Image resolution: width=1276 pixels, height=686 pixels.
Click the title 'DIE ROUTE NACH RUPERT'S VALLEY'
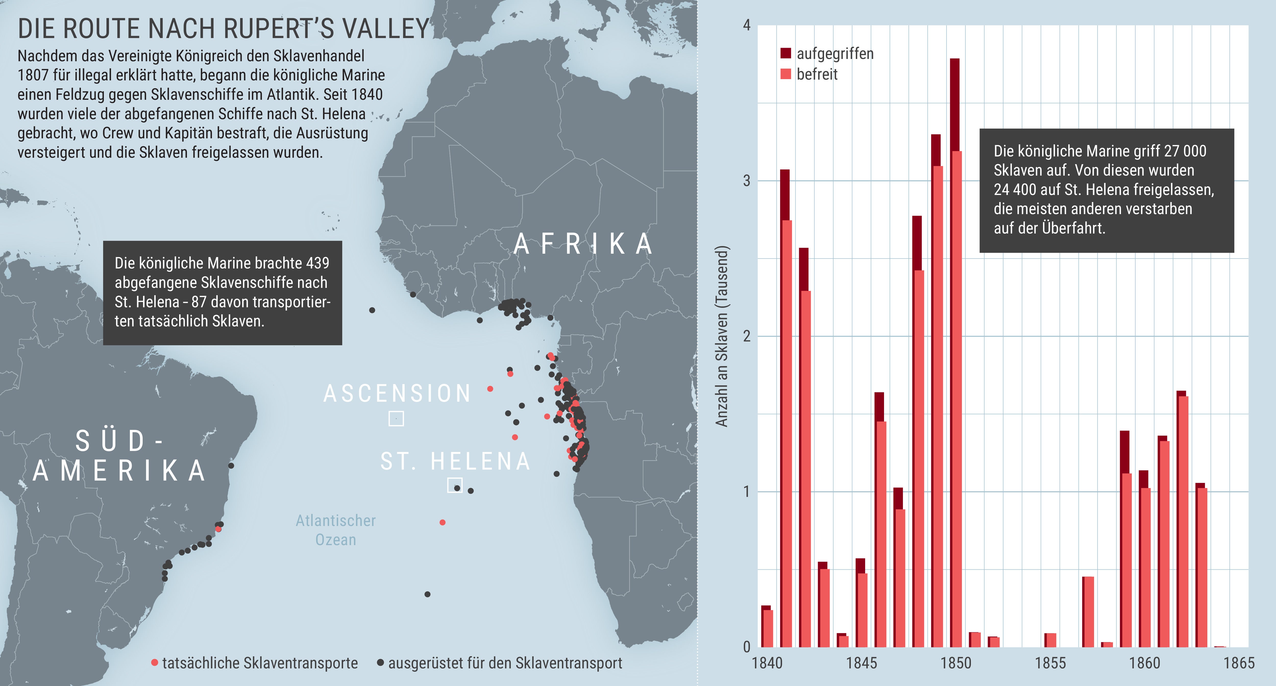click(223, 29)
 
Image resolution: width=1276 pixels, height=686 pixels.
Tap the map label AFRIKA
click(583, 244)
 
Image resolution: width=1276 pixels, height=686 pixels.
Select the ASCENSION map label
click(397, 394)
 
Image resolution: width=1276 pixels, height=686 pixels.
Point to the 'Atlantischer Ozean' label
click(336, 530)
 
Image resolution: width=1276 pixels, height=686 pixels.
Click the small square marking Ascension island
click(396, 419)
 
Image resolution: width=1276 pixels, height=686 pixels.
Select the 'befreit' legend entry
click(817, 74)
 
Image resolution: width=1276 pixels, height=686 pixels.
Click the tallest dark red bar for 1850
click(954, 104)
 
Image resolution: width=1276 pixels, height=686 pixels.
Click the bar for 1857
click(1088, 612)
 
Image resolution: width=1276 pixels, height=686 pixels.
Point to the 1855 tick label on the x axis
click(1050, 663)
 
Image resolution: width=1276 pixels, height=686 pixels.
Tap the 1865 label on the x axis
click(1239, 663)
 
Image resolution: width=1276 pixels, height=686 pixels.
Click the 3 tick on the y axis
click(746, 181)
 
